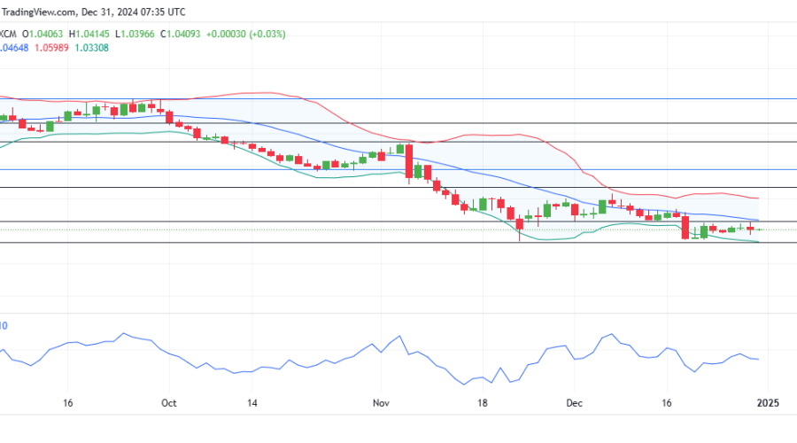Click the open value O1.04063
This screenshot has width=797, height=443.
click(50, 34)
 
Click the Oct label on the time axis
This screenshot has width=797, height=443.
click(170, 403)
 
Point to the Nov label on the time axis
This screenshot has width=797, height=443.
click(382, 403)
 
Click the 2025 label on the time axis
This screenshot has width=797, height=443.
click(767, 403)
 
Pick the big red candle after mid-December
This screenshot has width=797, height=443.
click(685, 227)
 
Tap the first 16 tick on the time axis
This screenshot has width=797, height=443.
click(66, 403)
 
